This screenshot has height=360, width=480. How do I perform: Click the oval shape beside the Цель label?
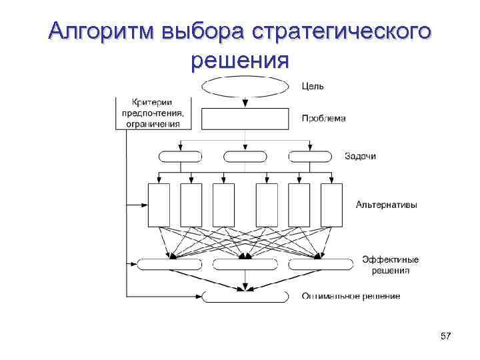[x=245, y=87]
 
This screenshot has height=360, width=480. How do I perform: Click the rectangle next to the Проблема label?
[x=245, y=119]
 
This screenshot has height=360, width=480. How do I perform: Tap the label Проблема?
[x=324, y=119]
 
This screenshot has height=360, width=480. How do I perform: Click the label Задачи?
[x=360, y=156]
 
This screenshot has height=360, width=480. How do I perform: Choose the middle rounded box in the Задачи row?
[x=245, y=157]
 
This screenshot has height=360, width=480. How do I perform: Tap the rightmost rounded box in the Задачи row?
[x=309, y=157]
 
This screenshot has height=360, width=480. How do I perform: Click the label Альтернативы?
[x=387, y=205]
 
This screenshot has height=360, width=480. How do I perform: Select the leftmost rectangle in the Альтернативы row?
[x=159, y=205]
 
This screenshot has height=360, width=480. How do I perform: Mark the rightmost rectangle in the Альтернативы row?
[x=331, y=205]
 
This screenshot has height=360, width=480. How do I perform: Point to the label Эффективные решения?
[x=390, y=265]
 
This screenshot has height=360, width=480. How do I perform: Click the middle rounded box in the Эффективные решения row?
[x=245, y=265]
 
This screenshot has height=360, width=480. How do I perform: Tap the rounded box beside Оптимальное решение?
[x=245, y=296]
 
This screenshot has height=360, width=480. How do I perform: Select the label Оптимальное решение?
[x=351, y=296]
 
